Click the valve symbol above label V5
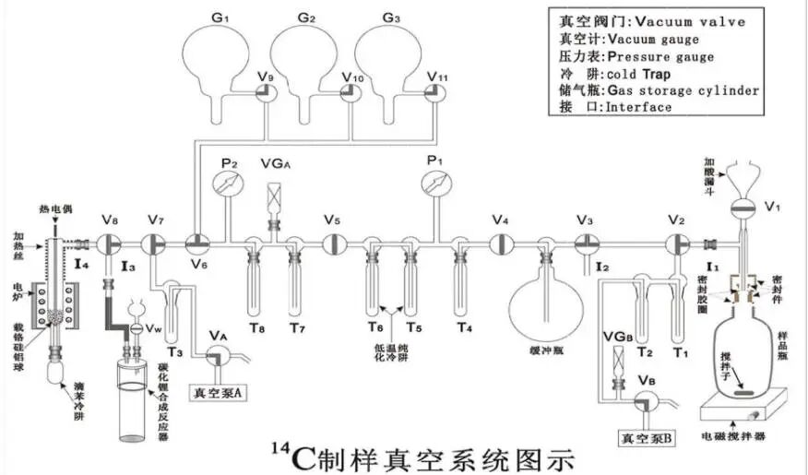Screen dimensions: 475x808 click(332, 243)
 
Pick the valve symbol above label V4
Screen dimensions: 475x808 click(501, 243)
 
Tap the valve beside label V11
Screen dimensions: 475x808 click(434, 92)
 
